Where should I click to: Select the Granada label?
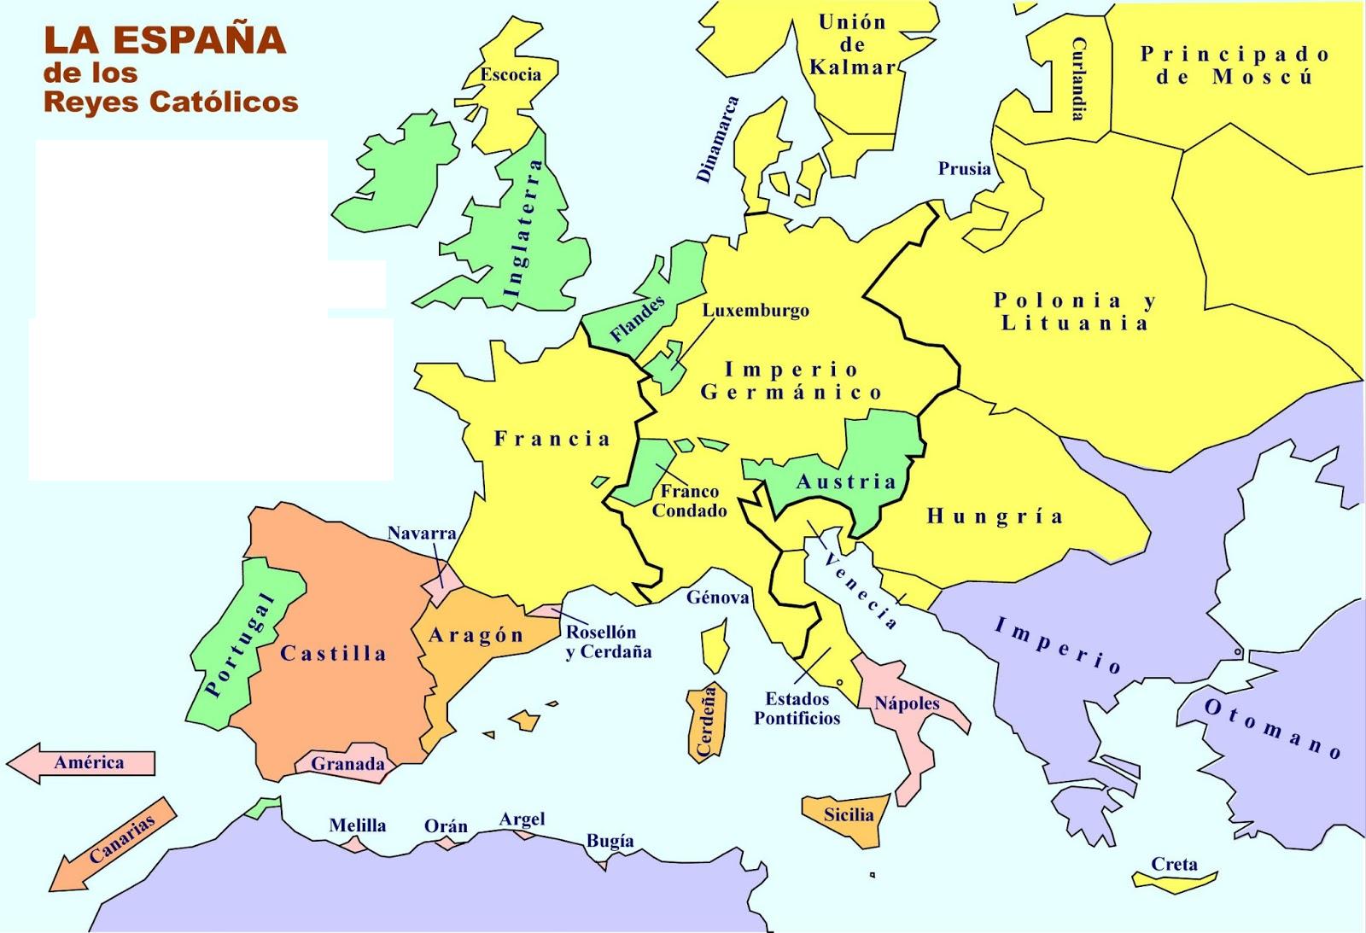click(347, 764)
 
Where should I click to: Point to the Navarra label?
click(422, 534)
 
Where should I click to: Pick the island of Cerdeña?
click(707, 722)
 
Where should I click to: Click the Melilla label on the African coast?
click(358, 825)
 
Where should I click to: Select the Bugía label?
click(610, 841)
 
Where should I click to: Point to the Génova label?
click(717, 598)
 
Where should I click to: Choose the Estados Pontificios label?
click(797, 708)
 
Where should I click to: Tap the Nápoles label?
click(907, 703)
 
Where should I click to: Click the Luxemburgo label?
click(756, 310)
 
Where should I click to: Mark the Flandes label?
click(638, 319)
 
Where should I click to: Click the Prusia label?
click(965, 168)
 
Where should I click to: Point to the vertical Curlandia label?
click(1078, 79)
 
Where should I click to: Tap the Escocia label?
click(511, 74)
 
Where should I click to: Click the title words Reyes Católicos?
click(171, 102)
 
